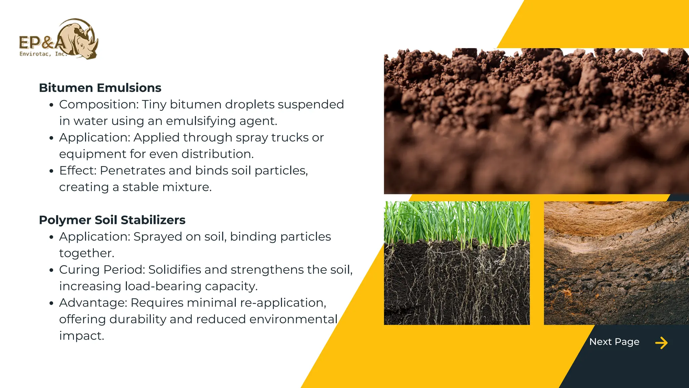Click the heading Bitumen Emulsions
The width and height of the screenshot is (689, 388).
coord(100,88)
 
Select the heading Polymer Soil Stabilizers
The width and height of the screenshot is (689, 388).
coord(112,220)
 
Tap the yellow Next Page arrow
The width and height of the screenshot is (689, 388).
coord(661,343)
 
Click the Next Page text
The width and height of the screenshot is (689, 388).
coord(614,342)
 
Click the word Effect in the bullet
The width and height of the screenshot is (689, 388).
coord(77,171)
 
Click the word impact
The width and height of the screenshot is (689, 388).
coord(81,336)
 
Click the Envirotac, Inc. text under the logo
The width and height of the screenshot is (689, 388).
coord(43,54)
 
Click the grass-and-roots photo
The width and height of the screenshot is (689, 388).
coord(457,263)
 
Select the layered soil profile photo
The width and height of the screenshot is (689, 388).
coord(616,263)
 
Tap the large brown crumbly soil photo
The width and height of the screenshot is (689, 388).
coord(536,121)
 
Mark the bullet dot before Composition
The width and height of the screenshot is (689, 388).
coord(51,105)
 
